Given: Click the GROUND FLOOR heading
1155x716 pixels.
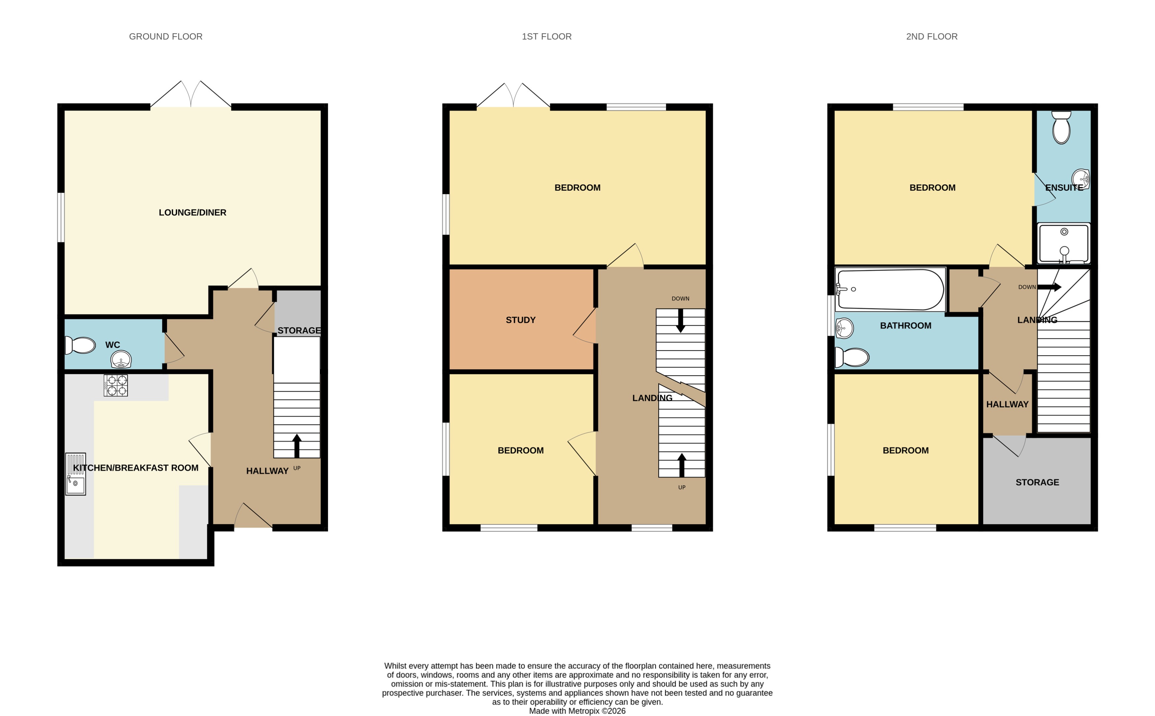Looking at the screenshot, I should [x=166, y=36].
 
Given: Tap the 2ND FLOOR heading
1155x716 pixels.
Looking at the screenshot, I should [x=931, y=36].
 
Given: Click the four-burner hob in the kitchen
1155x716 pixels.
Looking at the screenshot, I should [x=116, y=385].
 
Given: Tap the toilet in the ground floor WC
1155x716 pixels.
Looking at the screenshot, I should [x=81, y=345].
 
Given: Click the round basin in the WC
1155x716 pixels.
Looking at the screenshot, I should [x=121, y=359].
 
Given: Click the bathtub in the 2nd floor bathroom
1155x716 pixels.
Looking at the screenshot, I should [x=890, y=289].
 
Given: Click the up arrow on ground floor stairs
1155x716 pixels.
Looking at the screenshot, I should [x=297, y=445].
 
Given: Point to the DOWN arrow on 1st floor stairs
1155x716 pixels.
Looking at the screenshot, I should [x=680, y=320].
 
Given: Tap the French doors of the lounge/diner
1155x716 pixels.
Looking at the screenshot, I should [x=191, y=95].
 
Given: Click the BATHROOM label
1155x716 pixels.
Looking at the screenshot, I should [x=905, y=325].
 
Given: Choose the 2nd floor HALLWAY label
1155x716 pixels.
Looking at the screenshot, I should [x=1007, y=404].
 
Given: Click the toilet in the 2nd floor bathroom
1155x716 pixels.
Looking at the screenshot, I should [x=852, y=357].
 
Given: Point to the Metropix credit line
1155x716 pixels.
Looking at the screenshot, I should [x=577, y=711].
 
